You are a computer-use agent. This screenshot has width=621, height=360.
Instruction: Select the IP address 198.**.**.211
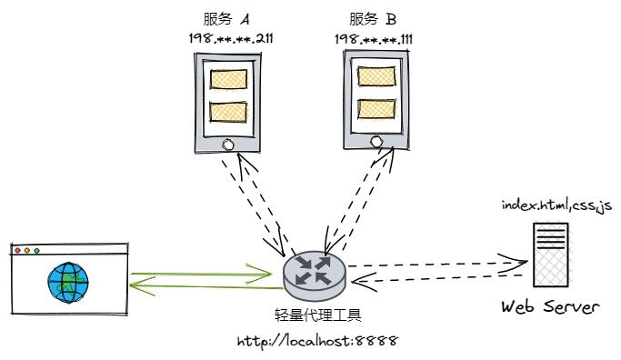coord(228,39)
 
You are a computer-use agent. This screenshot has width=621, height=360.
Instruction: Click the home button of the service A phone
coord(228,143)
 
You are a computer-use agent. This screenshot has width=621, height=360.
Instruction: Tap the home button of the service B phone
coord(376,141)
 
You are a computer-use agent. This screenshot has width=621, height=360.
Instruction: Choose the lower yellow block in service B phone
coord(376,108)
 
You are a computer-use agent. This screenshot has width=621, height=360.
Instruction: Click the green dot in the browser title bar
coord(37,249)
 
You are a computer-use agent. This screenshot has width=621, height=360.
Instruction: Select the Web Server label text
coord(550,307)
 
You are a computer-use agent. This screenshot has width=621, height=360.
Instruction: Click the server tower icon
coord(552,255)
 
